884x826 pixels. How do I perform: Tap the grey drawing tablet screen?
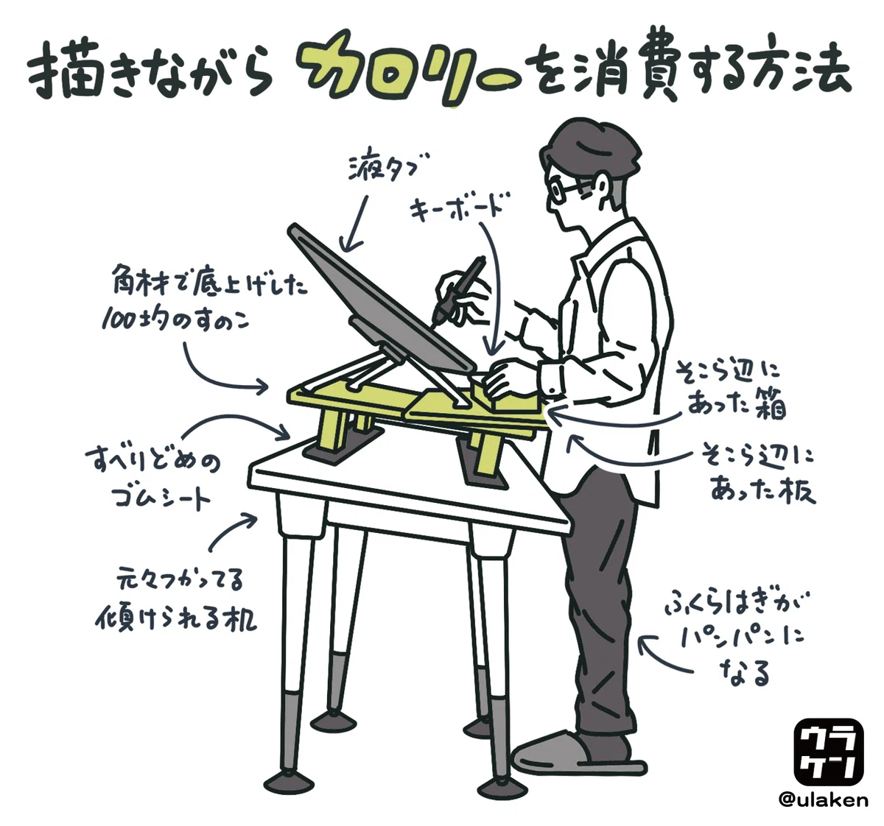tap(382, 297)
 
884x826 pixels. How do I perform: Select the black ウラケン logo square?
tap(829, 753)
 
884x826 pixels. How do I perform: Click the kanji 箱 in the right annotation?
tap(769, 407)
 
